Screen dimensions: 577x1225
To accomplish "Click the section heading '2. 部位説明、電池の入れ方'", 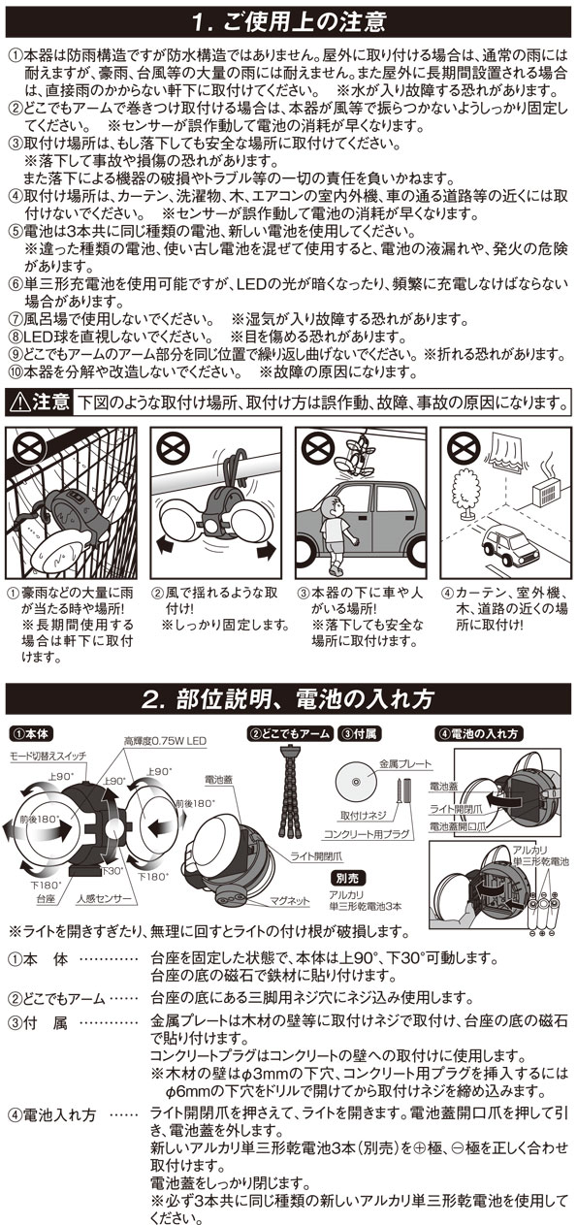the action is (x=288, y=699).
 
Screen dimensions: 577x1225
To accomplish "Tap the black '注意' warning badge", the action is (x=39, y=403).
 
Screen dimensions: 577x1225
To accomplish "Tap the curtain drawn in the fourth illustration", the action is (x=509, y=451).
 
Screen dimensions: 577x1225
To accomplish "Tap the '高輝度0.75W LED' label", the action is (x=165, y=742).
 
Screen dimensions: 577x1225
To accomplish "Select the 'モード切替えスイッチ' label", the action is (x=48, y=757).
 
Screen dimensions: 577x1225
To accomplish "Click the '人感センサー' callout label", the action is (x=105, y=898).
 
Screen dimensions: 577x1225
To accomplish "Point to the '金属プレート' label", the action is (x=405, y=764).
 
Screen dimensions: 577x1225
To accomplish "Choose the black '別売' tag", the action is (x=347, y=879).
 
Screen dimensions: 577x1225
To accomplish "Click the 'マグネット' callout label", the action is (x=289, y=901).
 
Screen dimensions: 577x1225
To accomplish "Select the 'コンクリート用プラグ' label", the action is (x=367, y=834).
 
